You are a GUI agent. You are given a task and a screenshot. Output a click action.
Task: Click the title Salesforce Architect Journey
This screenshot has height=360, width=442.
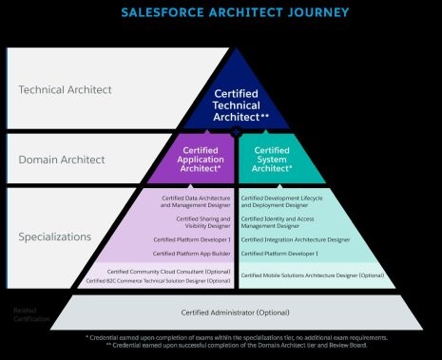click(234, 12)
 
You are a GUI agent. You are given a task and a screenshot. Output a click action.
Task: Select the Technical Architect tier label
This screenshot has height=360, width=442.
click(66, 90)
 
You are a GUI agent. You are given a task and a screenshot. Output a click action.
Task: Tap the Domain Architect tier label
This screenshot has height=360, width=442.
click(63, 160)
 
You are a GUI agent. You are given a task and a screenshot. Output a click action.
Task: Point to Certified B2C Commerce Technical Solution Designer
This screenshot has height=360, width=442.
click(159, 281)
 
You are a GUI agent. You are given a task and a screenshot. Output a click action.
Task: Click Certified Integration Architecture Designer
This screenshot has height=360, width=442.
click(296, 239)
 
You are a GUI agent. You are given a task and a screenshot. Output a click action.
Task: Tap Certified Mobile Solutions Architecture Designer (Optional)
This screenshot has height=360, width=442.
click(313, 275)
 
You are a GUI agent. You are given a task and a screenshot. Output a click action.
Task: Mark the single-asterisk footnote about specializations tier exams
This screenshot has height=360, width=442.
click(236, 338)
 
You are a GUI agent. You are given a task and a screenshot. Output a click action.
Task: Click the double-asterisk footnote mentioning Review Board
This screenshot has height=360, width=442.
click(236, 347)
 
